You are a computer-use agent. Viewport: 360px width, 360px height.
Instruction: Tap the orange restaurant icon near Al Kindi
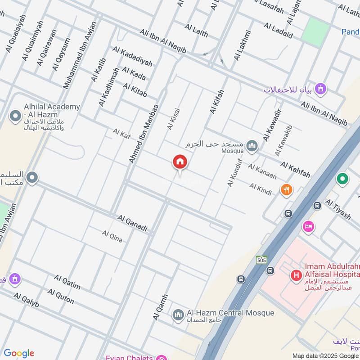(286, 190)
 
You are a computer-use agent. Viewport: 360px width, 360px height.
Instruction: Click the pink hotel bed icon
(308, 225)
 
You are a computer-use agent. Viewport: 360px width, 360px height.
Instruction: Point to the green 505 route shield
(261, 260)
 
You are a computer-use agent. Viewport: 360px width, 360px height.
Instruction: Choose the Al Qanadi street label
(132, 223)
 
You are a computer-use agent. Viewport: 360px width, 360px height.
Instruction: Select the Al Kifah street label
(217, 101)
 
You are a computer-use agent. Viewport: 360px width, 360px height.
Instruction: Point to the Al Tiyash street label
(337, 209)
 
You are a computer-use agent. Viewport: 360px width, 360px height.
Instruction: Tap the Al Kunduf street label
(235, 173)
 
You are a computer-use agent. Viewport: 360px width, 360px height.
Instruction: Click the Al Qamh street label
(160, 307)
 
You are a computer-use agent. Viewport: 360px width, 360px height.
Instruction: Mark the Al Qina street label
(112, 236)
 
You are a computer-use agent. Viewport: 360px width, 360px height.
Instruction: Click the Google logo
(19, 353)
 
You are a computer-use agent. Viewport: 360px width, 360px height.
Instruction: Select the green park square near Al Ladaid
(316, 32)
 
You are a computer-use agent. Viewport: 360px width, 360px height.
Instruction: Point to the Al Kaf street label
(121, 133)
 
